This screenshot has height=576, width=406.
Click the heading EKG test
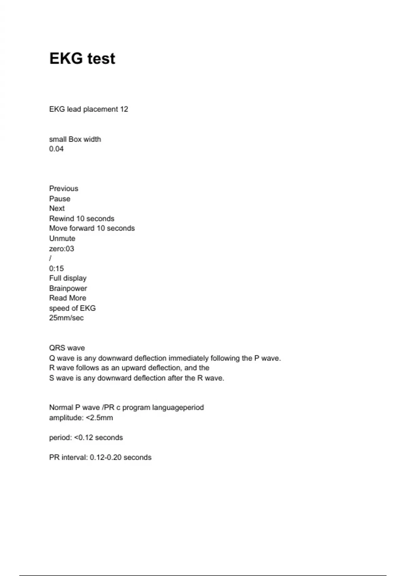tap(82, 58)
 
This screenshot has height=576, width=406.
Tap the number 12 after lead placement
tap(124, 109)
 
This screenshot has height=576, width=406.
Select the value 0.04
tap(56, 149)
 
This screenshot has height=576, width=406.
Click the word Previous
tap(64, 188)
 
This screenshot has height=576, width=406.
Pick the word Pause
tap(60, 199)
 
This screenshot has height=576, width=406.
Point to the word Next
tap(57, 208)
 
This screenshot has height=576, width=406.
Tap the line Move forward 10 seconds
tap(92, 228)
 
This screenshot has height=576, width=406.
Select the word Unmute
tap(62, 239)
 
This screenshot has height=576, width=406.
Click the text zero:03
tap(62, 249)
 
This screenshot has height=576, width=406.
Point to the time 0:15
tap(57, 269)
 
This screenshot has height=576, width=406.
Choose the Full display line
tap(68, 278)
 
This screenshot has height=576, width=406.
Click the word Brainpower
tap(68, 288)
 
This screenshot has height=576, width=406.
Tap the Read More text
tap(68, 298)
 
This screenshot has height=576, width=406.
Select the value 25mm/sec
tap(66, 318)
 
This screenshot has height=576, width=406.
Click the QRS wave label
tap(67, 348)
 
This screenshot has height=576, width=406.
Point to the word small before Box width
tap(58, 139)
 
